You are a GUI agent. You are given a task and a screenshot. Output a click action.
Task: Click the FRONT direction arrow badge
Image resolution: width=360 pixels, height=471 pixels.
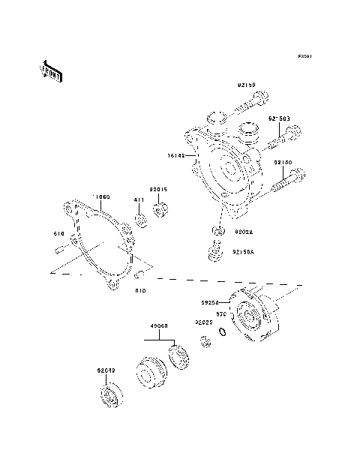pos(52,71)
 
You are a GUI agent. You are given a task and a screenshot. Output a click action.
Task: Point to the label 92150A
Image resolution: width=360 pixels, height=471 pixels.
pos(244,252)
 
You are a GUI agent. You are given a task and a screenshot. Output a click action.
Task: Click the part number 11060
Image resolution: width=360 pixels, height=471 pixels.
pos(101,196)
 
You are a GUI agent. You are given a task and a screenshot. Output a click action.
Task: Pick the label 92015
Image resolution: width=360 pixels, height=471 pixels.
pos(158,189)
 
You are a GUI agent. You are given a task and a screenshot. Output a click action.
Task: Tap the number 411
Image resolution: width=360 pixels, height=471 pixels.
pos(139,199)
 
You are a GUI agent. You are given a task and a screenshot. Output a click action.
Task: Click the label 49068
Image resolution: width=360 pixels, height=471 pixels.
pos(158,325)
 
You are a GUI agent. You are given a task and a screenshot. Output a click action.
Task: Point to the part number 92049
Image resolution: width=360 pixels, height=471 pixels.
pos(106,370)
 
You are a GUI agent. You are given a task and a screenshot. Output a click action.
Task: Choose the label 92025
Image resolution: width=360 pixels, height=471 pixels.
pos(204,322)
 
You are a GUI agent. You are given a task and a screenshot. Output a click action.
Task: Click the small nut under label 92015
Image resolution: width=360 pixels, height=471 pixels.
pos(160,208)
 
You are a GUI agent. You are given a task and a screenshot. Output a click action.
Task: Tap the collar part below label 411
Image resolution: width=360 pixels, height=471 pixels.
pos(139,220)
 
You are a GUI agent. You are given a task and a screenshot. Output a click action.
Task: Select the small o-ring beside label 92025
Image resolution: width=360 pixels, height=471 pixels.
pos(223,332)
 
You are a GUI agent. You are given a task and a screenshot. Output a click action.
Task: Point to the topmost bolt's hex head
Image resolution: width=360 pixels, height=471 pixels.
pos(260,96)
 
